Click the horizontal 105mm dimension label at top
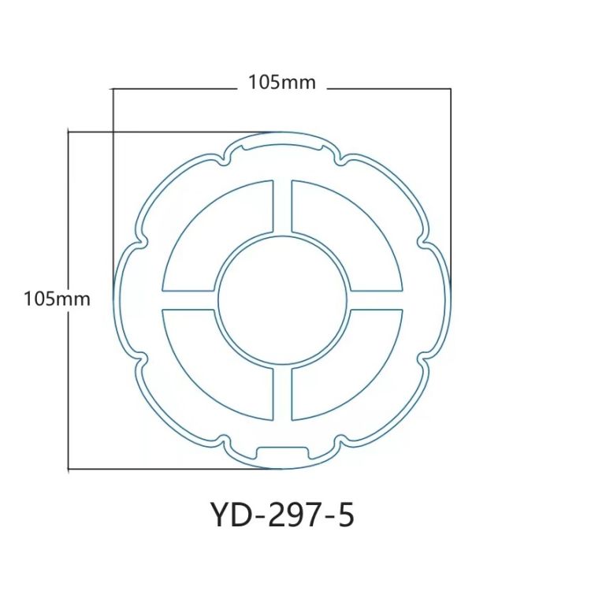[281, 82]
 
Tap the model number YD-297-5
[282, 516]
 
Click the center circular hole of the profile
[282, 300]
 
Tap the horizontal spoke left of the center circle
[188, 300]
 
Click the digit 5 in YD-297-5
[345, 516]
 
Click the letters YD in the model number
[229, 516]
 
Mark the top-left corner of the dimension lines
[113, 89]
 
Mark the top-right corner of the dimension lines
[450, 89]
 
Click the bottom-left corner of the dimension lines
[69, 470]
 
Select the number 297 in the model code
[292, 516]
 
